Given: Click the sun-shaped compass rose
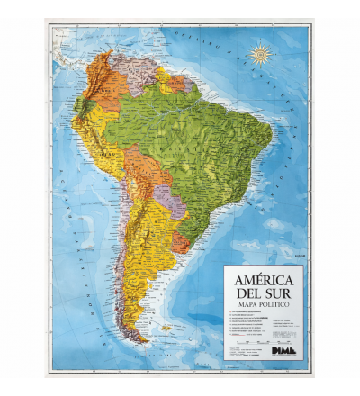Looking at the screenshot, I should (262, 55).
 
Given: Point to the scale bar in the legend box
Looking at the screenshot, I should (261, 341).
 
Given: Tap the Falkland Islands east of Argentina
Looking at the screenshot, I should (166, 328).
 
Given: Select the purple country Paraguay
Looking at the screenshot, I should (170, 203).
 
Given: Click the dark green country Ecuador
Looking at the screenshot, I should (81, 106).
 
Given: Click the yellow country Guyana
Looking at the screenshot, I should (164, 76).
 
